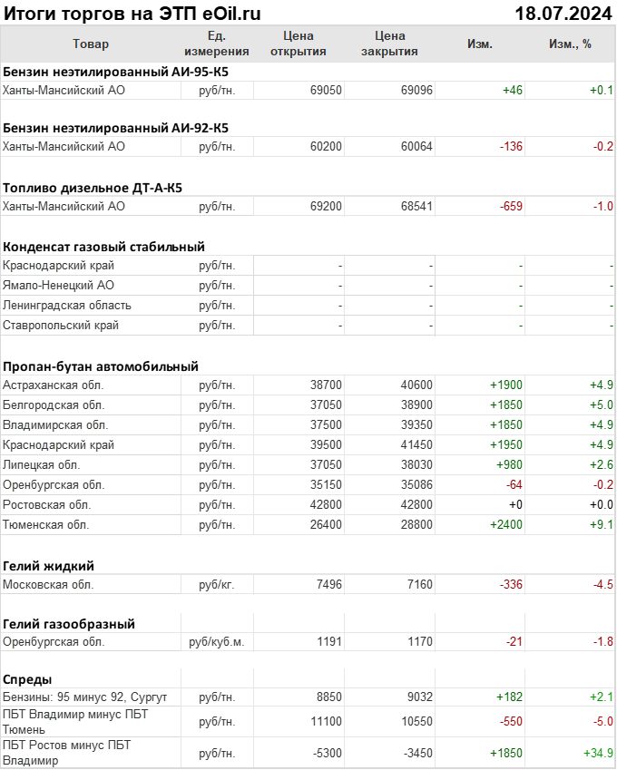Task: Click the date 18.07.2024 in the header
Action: tap(563, 14)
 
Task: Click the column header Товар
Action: tap(90, 44)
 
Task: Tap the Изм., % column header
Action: tap(570, 44)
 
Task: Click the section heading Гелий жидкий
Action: tap(49, 565)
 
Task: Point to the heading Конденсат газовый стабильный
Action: tap(103, 246)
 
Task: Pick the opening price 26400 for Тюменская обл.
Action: tap(326, 524)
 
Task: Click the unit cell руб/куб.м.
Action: tap(217, 642)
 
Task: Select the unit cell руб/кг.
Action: tap(217, 584)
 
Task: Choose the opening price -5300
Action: tap(326, 753)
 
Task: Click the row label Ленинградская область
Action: tap(67, 305)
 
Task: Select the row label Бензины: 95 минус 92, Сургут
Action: tap(85, 697)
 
